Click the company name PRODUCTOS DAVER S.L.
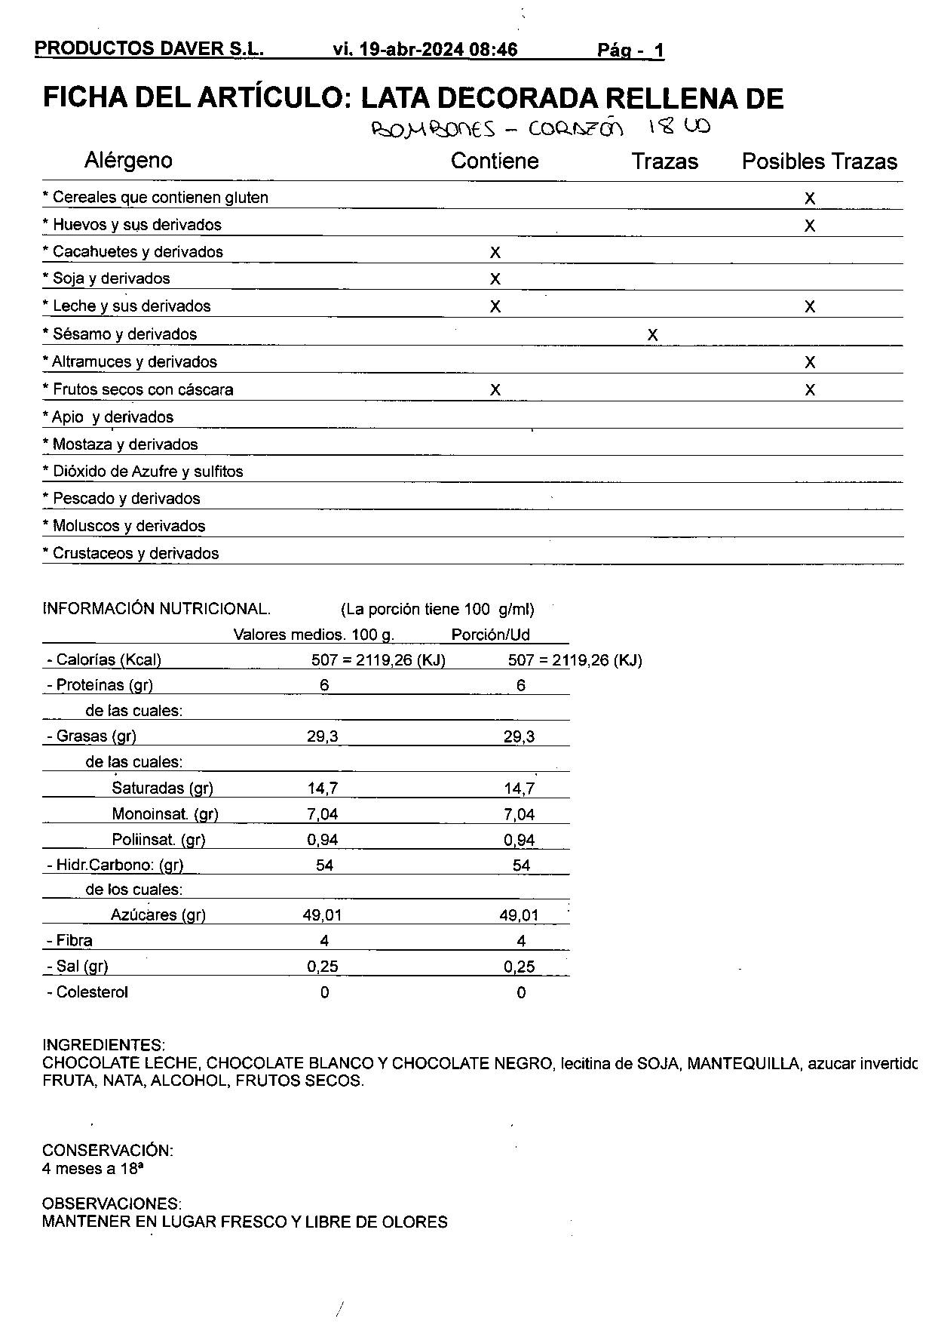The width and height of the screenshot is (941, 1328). [x=149, y=49]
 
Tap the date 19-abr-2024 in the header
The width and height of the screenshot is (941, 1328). [x=412, y=50]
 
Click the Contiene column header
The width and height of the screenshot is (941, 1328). [x=495, y=161]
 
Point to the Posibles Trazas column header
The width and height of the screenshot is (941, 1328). [x=820, y=161]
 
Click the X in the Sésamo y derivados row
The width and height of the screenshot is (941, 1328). [x=652, y=335]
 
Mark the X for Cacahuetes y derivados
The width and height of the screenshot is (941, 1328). [x=495, y=253]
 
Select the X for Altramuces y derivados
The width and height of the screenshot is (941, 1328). [x=809, y=363]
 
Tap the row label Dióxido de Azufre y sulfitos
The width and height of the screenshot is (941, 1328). [x=143, y=472]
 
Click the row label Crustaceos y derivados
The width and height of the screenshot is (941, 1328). [x=131, y=553]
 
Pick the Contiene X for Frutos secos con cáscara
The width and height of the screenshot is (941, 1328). [x=495, y=390]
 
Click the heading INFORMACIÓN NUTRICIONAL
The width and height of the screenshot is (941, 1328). [x=156, y=609]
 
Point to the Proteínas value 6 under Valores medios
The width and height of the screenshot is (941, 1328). [x=324, y=685]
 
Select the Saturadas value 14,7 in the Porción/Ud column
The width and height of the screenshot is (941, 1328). [x=520, y=788]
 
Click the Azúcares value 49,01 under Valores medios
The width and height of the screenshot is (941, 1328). [x=322, y=915]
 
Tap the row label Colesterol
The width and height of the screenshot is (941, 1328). [x=87, y=992]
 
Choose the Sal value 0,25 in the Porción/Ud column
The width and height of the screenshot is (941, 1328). [x=520, y=967]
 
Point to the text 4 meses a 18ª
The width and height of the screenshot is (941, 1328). [x=93, y=1169]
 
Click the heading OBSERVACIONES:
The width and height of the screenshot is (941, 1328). [x=112, y=1203]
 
